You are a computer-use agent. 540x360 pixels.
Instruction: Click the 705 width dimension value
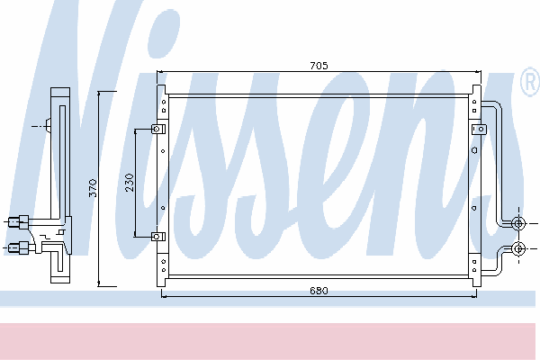pyautogui.click(x=319, y=66)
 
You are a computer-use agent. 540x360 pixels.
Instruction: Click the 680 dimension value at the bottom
pyautogui.click(x=319, y=291)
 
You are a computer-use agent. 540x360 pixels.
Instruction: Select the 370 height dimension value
pyautogui.click(x=93, y=188)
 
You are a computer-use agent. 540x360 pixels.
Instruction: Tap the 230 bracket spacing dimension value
pyautogui.click(x=130, y=183)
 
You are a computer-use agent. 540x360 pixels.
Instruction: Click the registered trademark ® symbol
pyautogui.click(x=530, y=82)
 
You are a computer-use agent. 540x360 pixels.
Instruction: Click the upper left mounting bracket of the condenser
pyautogui.click(x=158, y=130)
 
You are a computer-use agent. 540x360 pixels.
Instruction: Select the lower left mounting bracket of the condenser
pyautogui.click(x=158, y=237)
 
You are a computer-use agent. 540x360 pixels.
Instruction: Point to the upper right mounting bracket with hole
pyautogui.click(x=479, y=130)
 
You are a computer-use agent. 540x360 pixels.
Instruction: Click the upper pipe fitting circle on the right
pyautogui.click(x=518, y=223)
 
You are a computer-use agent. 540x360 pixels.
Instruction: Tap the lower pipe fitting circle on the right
pyautogui.click(x=518, y=248)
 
